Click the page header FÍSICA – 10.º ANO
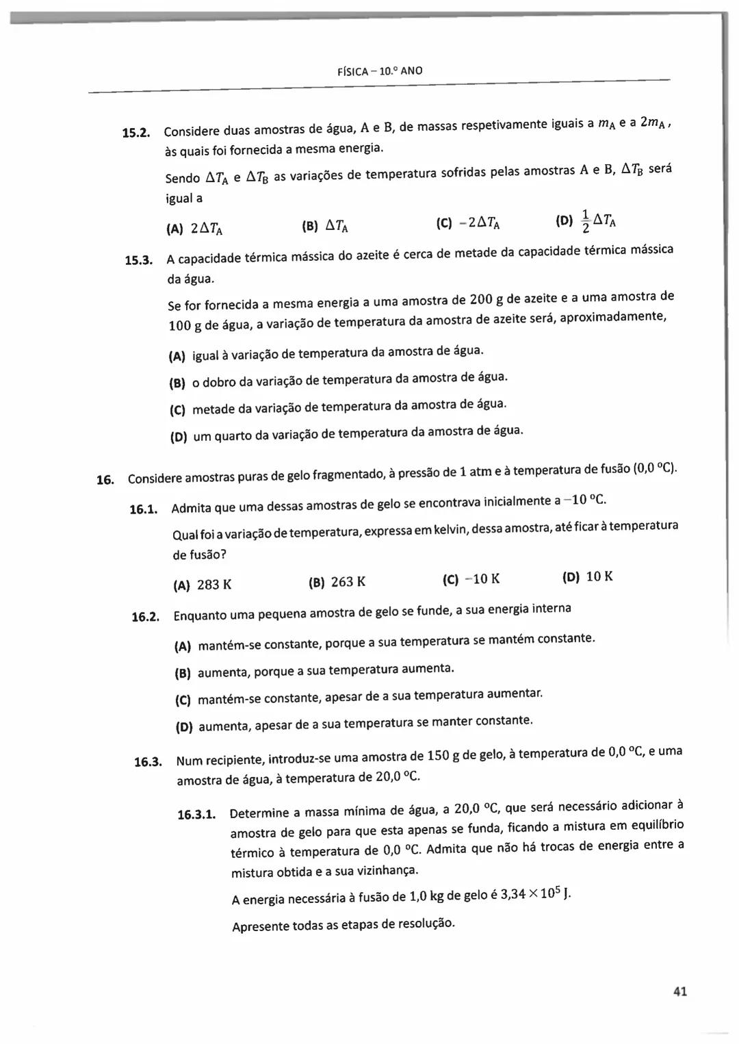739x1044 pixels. (380, 71)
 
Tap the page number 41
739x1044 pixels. (679, 991)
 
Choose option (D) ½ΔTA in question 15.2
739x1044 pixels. (589, 221)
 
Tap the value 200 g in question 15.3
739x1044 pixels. (487, 298)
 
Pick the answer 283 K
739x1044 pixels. (203, 585)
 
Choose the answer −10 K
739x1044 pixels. (471, 579)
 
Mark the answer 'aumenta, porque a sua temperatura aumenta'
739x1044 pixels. (315, 671)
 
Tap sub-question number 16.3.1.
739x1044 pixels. (196, 815)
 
